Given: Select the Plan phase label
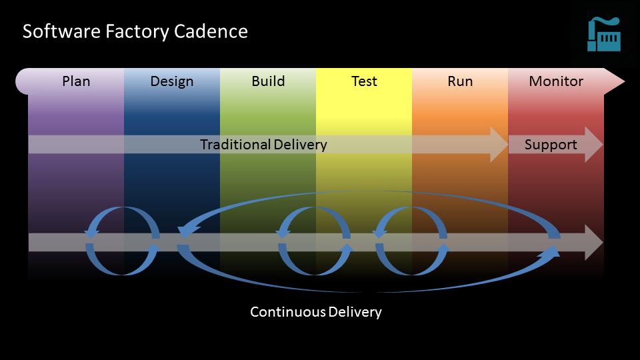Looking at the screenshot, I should (76, 81).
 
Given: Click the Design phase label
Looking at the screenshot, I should (172, 81).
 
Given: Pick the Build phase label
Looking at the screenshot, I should (268, 81).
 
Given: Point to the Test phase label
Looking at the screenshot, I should (364, 81).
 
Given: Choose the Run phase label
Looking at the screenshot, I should (460, 81).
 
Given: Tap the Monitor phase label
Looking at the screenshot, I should (556, 81).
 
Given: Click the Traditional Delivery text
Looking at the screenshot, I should (263, 145).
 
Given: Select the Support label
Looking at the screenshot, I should (551, 145).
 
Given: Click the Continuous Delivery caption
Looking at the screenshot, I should (315, 312).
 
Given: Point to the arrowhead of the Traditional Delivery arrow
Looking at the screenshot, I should (499, 145).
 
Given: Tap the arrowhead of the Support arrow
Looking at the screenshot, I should (594, 145).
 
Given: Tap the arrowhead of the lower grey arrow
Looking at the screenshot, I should (594, 242).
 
